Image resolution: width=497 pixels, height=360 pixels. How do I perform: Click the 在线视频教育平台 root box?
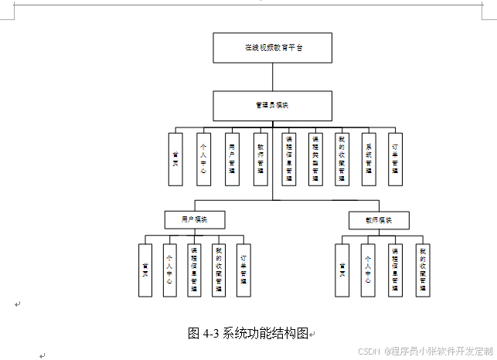273,48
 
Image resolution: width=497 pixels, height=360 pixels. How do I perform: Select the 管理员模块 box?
273,106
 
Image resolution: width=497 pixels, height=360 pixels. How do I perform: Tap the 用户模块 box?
194,219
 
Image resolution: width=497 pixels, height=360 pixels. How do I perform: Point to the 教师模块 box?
379,220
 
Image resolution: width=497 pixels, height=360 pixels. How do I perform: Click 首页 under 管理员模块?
175,159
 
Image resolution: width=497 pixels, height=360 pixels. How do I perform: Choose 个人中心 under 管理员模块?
203,159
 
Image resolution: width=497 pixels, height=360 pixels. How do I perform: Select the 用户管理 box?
232,159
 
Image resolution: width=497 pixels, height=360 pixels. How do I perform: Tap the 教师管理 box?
260,159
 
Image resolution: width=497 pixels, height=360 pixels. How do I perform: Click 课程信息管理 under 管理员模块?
289,159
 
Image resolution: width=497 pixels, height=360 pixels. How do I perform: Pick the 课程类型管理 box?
315,159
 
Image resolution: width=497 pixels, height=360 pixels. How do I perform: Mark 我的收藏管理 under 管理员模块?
340,159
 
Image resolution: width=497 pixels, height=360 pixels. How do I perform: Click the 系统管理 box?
369,159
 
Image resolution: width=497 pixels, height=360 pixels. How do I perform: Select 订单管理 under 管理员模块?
395,159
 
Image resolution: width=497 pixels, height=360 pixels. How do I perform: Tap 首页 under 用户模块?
145,270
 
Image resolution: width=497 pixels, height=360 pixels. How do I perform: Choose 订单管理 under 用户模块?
243,270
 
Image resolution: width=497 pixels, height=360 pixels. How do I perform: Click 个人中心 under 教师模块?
368,270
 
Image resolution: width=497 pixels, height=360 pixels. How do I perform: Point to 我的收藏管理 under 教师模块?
422,270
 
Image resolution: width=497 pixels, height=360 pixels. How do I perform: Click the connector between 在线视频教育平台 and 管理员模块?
273,76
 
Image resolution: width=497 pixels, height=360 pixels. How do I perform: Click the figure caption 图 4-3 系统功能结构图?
248,333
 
